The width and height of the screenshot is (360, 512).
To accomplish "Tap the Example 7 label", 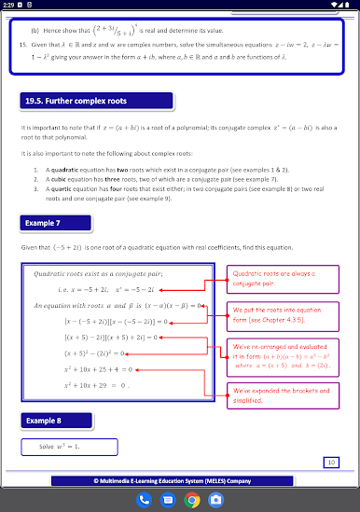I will click(45, 222).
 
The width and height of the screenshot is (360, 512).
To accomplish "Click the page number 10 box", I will click(331, 462).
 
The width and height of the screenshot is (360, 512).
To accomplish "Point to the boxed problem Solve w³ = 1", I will click(58, 447).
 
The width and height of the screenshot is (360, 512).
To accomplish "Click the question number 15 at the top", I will click(23, 44).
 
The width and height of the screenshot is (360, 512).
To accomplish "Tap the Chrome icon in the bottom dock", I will click(191, 499).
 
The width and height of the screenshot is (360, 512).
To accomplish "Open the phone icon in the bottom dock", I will click(145, 499).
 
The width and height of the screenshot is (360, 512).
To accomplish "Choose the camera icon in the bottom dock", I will click(215, 499).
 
